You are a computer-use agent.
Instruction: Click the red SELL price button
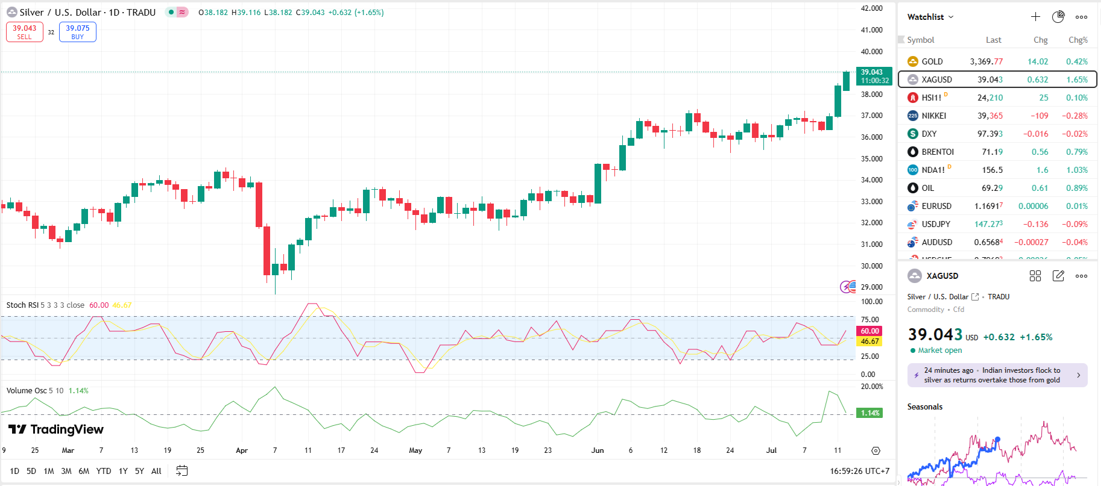[x=25, y=32]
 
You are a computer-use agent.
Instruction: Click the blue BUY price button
[x=78, y=32]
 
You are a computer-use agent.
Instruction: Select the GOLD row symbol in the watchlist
[x=932, y=61]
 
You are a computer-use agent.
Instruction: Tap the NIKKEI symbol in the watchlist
[x=933, y=116]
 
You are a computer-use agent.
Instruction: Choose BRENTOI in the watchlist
[x=938, y=152]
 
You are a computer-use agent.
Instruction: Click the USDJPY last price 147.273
[x=988, y=224]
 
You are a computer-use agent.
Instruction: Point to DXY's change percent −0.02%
[x=1076, y=134]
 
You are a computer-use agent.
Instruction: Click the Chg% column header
[x=1077, y=40]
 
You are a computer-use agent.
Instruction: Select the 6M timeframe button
[x=84, y=471]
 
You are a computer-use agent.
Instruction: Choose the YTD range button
[x=104, y=471]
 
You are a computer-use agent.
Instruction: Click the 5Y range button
[x=139, y=471]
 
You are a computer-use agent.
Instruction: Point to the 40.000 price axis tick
[x=871, y=52]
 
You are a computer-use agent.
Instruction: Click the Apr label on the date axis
[x=242, y=450]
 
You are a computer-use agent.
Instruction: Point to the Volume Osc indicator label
[x=27, y=391]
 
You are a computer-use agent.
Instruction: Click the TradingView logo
[x=56, y=429]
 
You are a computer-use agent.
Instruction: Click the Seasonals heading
[x=924, y=407]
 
